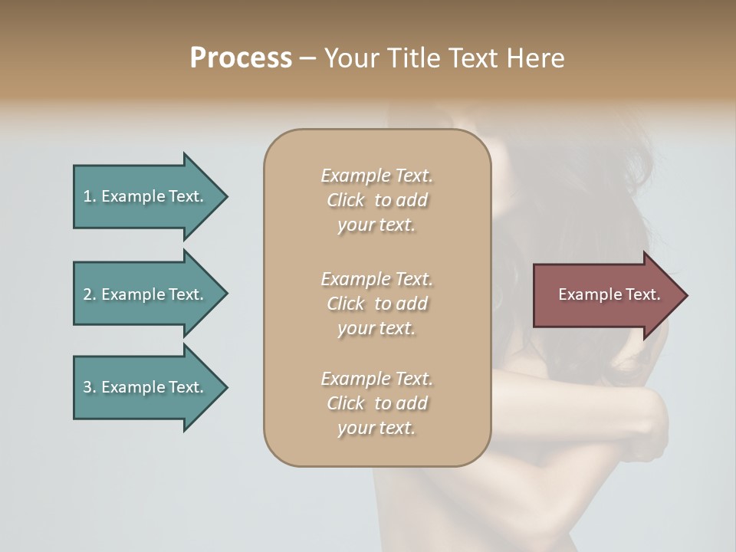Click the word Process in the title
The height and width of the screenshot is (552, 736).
pyautogui.click(x=241, y=58)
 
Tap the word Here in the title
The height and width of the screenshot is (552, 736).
pyautogui.click(x=537, y=58)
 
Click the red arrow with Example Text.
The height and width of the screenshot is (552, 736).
pyautogui.click(x=606, y=294)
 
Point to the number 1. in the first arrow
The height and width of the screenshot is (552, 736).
pyautogui.click(x=90, y=196)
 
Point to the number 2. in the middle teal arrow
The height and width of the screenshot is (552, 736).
pyautogui.click(x=90, y=294)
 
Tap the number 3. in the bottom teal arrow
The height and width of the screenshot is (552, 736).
pyautogui.click(x=90, y=387)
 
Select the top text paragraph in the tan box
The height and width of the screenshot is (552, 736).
pyautogui.click(x=376, y=200)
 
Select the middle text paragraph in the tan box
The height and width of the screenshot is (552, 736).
pyautogui.click(x=376, y=304)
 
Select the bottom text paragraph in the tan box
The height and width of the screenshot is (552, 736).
pyautogui.click(x=376, y=403)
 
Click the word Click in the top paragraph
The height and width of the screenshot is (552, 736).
pyautogui.click(x=346, y=200)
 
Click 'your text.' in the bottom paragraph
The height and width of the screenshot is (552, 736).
pyautogui.click(x=376, y=428)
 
